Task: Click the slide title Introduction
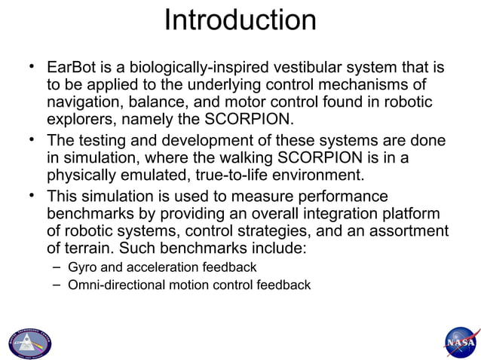(x=240, y=20)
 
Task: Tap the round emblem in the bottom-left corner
(x=29, y=343)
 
